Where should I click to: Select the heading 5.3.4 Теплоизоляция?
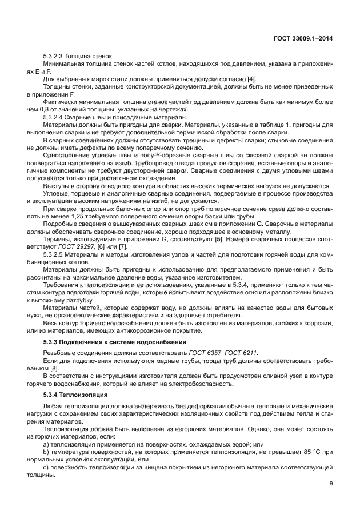tap(74, 395)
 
